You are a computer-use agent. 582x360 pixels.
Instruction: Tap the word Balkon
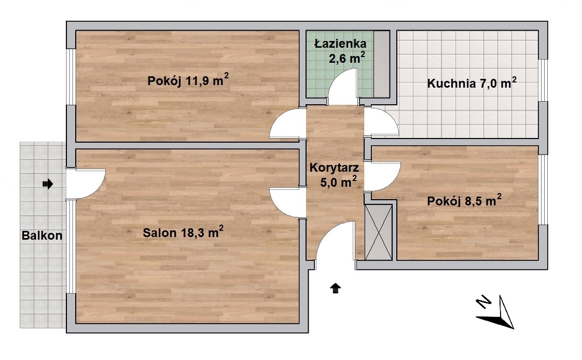(42, 236)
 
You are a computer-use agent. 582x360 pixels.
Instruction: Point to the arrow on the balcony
(47, 183)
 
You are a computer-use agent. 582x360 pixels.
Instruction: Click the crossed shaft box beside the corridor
(379, 232)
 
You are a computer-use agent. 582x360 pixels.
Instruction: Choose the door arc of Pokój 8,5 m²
(384, 176)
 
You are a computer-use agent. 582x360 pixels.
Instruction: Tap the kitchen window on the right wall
(543, 80)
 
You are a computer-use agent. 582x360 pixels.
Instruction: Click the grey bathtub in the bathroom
(381, 63)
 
